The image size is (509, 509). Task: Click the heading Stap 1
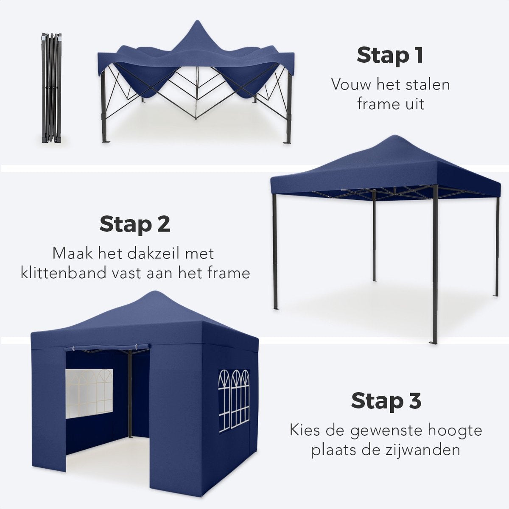(390, 56)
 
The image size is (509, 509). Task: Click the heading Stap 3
(386, 400)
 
